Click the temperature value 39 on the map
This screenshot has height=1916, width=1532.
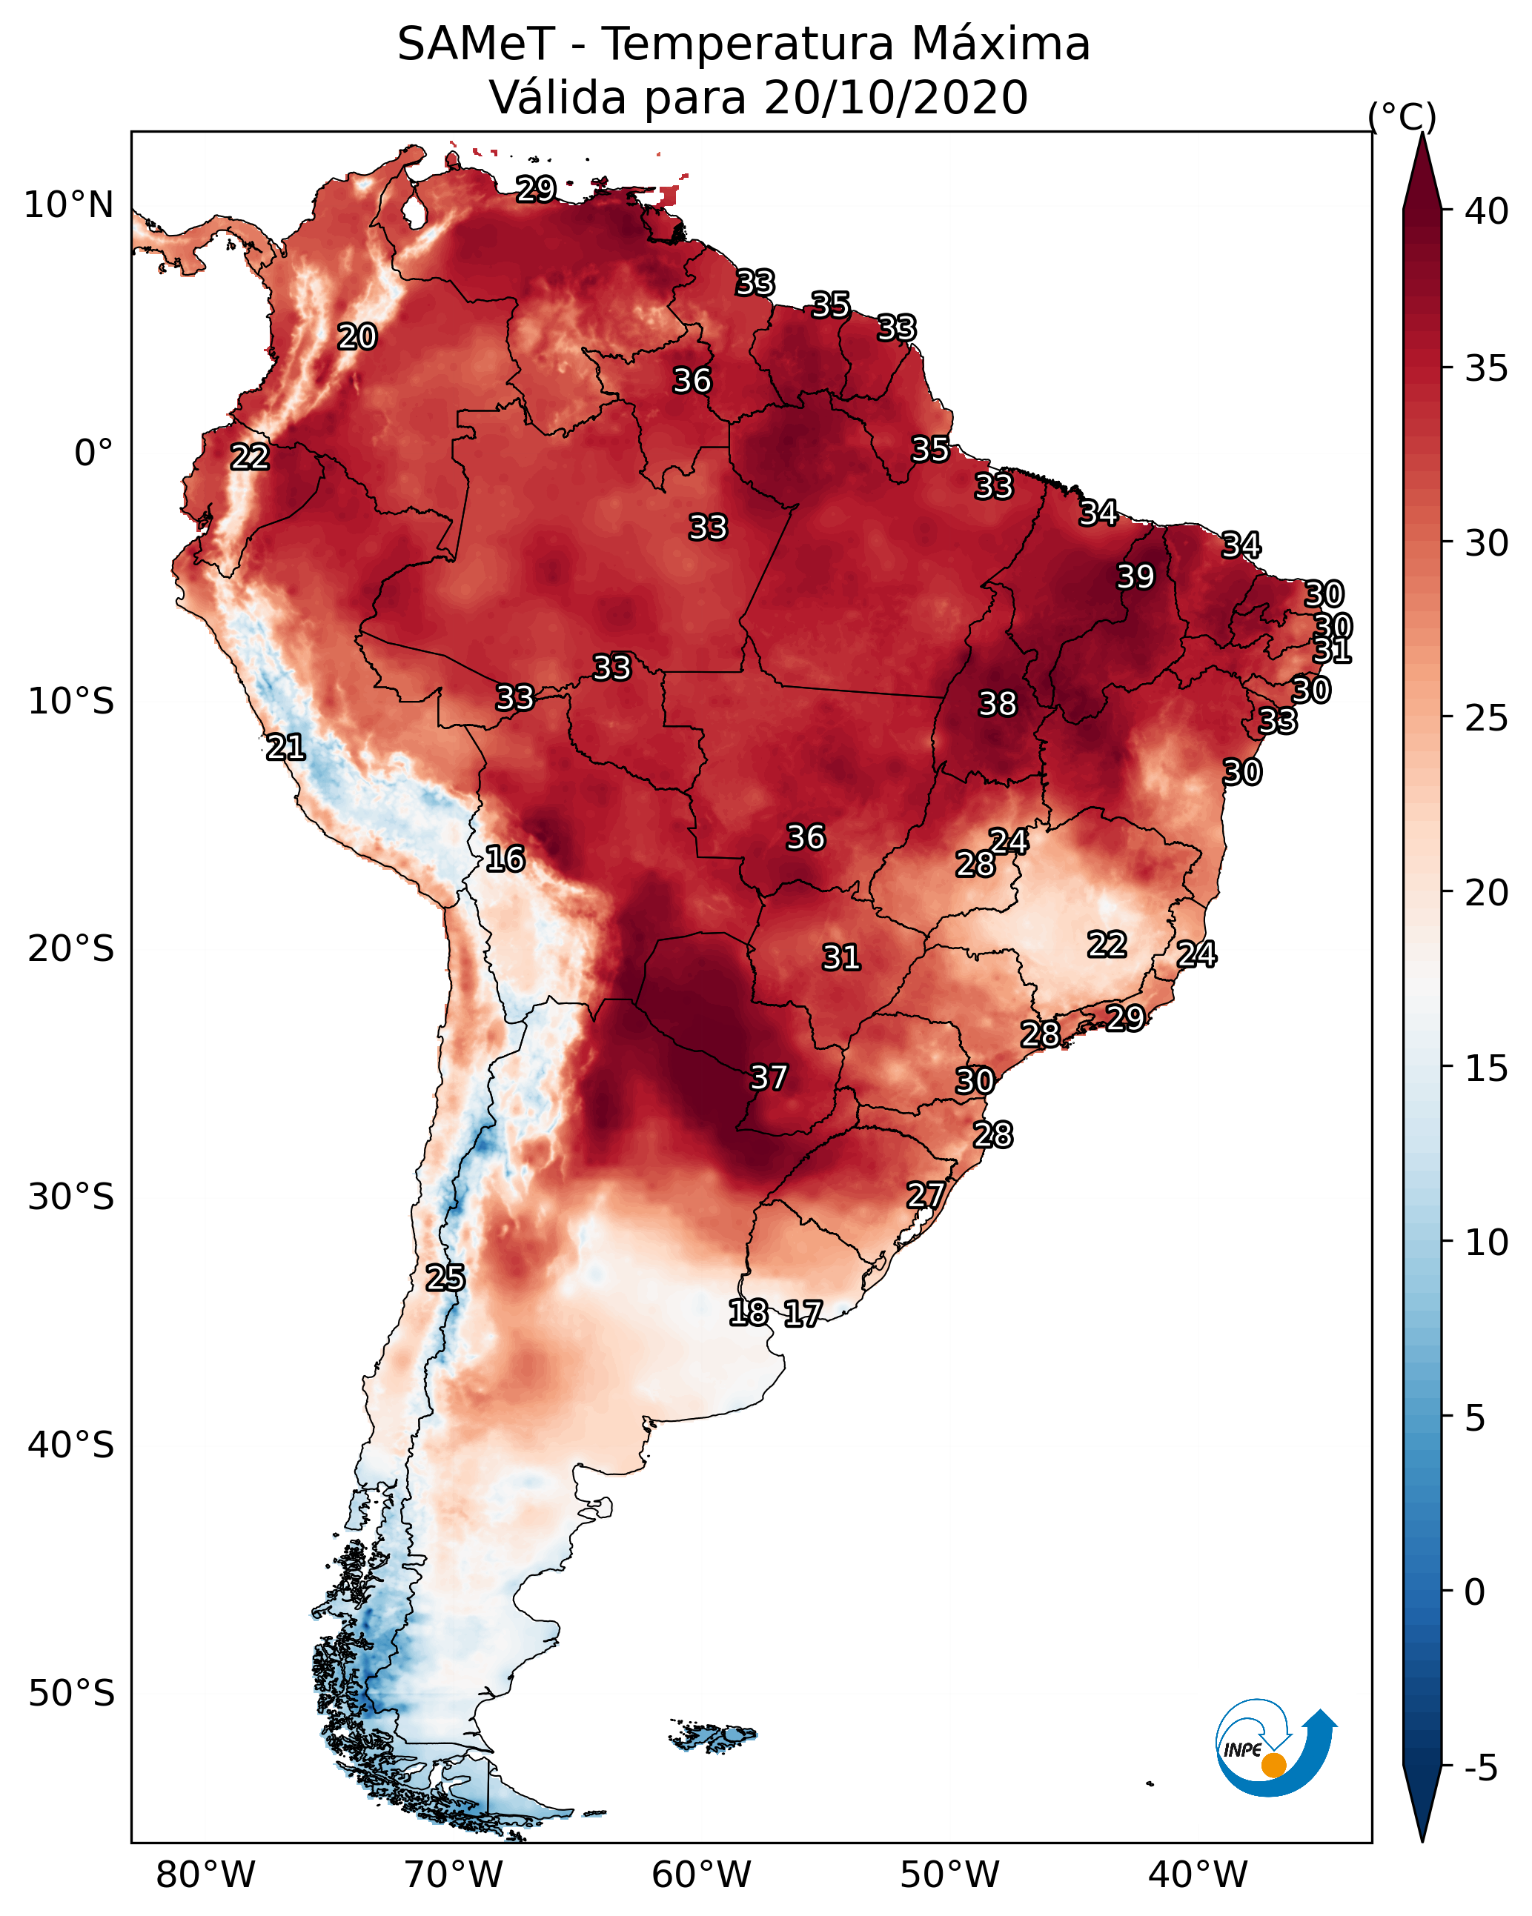coord(1135,576)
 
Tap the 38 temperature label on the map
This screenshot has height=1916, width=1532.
coord(997,704)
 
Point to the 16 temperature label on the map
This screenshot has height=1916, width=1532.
coord(505,859)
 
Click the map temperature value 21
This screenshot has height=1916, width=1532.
coord(285,748)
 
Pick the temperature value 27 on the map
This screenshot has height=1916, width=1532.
coord(926,1195)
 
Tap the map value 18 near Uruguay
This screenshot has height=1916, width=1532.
coord(748,1313)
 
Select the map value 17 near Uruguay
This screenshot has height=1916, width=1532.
coord(803,1314)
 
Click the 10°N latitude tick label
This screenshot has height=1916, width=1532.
coord(68,205)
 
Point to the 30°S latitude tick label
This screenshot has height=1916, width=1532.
coord(71,1197)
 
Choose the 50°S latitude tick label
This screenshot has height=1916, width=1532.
coord(71,1694)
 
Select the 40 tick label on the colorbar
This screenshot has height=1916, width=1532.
coord(1487,211)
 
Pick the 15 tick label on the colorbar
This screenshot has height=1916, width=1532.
coord(1487,1068)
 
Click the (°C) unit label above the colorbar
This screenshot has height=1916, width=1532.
coord(1402,116)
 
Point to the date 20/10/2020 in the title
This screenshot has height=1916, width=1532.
coord(895,98)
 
